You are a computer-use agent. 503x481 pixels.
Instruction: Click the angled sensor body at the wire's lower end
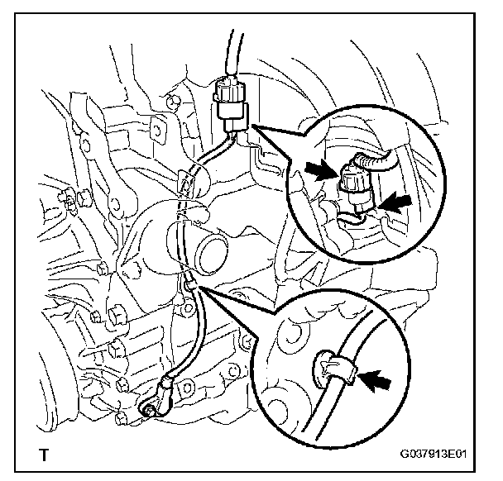click(165, 388)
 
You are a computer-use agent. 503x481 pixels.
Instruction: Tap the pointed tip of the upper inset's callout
click(251, 124)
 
